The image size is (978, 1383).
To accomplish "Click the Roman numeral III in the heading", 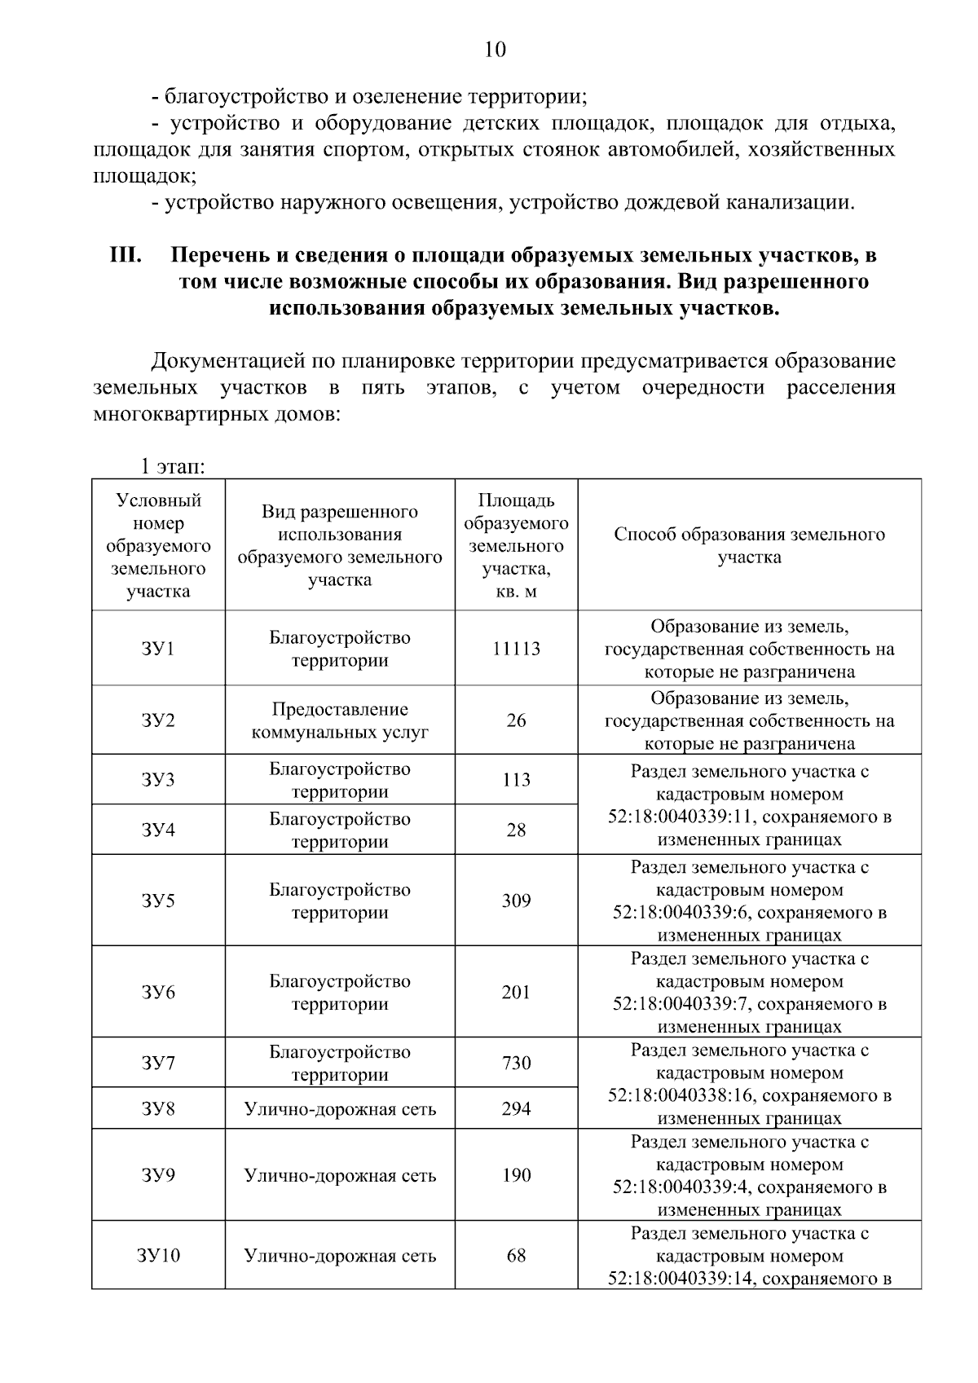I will [x=126, y=255].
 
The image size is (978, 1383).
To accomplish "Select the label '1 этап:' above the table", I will [x=171, y=467].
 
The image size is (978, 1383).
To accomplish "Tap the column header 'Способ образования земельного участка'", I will [x=749, y=545].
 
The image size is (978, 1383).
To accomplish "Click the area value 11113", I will [x=516, y=649].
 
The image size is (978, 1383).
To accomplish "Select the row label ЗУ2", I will [x=158, y=720].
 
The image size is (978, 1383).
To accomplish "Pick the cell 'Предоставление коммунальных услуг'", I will [x=340, y=720].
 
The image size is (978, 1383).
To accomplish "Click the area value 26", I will [x=516, y=720].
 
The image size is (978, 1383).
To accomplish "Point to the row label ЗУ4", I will [x=158, y=830].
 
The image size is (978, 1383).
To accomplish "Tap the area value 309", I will [x=516, y=901].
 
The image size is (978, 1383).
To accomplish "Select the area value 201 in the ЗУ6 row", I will [x=516, y=992].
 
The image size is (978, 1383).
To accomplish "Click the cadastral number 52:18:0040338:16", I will [x=681, y=1095].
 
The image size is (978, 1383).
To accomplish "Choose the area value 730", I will [x=516, y=1063].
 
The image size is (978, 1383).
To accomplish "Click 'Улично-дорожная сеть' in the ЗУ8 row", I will [x=340, y=1109].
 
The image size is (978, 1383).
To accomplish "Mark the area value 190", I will [x=516, y=1175].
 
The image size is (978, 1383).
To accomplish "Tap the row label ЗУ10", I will [x=158, y=1255].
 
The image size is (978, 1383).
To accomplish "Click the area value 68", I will [x=516, y=1255].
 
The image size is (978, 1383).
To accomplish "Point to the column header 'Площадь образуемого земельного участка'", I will [x=516, y=545].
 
